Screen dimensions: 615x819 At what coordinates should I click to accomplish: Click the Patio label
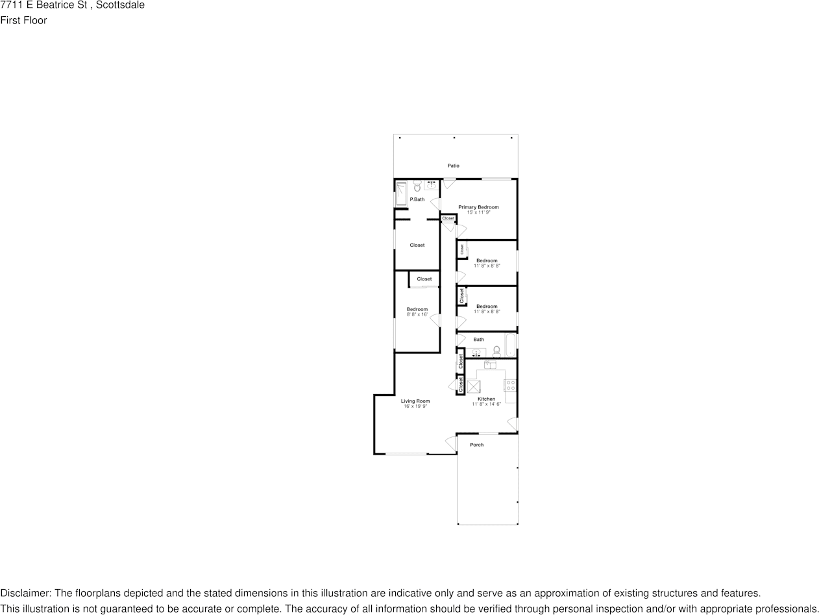coord(453,166)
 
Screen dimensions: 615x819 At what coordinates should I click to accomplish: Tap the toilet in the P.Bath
coord(417,187)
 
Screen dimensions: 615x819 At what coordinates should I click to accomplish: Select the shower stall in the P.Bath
coord(401,194)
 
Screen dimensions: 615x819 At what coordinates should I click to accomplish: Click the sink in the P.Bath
coord(431,185)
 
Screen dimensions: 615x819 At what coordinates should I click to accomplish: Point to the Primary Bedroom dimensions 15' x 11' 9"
coord(478,212)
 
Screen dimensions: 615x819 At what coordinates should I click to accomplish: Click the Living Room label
coord(415,401)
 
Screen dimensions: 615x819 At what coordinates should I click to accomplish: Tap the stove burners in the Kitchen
coord(511,385)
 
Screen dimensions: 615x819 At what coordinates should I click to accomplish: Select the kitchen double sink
coord(490,365)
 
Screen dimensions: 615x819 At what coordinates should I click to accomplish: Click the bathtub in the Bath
coord(510,345)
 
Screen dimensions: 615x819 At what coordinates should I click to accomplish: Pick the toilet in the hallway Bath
coord(496,352)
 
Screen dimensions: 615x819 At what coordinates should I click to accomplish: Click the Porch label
coord(477,445)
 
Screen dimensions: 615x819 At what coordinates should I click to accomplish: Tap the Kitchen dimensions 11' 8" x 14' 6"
coord(486,404)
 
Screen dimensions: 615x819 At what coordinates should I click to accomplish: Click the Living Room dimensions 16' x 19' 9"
coord(415,407)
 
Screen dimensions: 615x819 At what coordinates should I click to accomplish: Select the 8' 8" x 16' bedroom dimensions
coord(417,314)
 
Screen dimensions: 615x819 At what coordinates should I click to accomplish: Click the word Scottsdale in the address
coord(120,5)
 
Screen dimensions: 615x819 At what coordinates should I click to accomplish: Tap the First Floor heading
coord(23,20)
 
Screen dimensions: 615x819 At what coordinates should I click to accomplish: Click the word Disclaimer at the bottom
coord(25,593)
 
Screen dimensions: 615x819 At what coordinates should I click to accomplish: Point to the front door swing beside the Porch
coord(450,444)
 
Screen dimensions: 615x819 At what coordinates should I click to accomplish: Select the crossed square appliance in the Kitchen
coord(474,388)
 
